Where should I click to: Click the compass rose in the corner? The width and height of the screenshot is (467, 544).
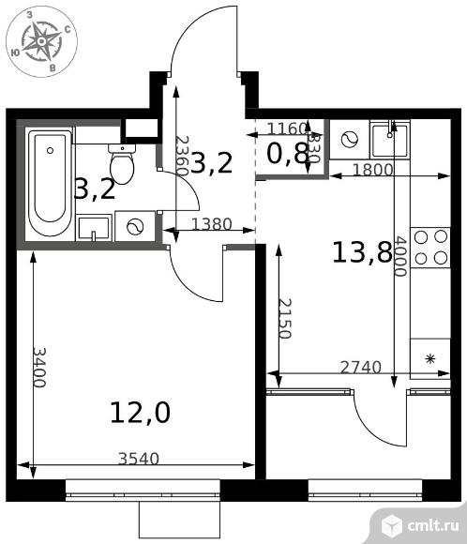click(x=41, y=41)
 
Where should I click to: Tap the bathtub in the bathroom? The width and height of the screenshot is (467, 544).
click(x=50, y=183)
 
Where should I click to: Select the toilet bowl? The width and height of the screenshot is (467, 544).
click(x=122, y=163)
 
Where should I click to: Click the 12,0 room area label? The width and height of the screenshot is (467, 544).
click(x=140, y=413)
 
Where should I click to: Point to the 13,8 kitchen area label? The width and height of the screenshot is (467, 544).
click(x=362, y=252)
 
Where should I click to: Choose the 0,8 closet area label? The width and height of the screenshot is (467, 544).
click(x=287, y=153)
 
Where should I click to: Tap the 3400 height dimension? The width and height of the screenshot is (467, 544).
click(x=38, y=368)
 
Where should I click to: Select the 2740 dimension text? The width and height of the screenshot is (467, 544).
click(x=361, y=368)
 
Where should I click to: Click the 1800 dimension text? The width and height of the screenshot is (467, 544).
click(x=373, y=170)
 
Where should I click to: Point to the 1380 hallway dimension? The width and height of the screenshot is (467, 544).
click(x=212, y=224)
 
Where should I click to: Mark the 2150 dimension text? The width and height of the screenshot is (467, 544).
click(x=285, y=319)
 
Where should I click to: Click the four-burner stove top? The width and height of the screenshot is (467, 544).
click(x=430, y=248)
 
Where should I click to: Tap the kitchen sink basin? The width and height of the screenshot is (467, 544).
click(x=389, y=140)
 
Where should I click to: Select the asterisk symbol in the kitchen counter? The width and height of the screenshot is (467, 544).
click(x=430, y=358)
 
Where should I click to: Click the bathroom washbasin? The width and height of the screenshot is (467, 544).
click(x=94, y=228)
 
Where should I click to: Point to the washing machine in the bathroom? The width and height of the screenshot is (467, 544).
click(x=135, y=227)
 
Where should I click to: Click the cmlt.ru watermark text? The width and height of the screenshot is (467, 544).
click(x=433, y=525)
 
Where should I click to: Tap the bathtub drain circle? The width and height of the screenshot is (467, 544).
click(x=50, y=151)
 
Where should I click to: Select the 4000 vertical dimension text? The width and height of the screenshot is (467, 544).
click(x=400, y=256)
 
